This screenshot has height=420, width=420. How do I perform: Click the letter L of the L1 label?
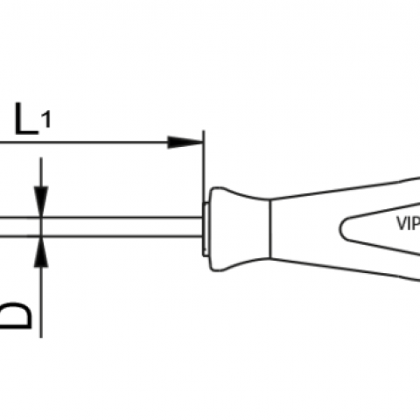coord(26,119)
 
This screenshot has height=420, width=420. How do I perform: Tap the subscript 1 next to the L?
coord(46,120)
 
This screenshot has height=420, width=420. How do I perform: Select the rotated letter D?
coord(15,316)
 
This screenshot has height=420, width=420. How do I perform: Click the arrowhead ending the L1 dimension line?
coord(185,143)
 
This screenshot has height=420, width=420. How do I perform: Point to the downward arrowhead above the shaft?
coord(41,201)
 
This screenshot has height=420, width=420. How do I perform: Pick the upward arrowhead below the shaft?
coord(41,251)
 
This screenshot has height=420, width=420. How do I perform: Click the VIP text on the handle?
coord(409,224)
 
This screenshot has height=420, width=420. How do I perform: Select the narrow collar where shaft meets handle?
coord(206,229)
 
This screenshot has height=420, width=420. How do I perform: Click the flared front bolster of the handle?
coord(240,229)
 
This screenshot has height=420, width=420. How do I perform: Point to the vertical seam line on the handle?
coord(270,228)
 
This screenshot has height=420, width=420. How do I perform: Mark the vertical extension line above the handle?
coord(204,166)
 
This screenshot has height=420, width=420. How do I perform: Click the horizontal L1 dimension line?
coord(101,143)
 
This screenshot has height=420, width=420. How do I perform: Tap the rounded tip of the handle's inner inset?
coord(340,228)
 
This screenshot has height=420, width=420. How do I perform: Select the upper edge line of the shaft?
coord(101,217)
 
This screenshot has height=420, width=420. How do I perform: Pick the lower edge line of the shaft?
coord(101,235)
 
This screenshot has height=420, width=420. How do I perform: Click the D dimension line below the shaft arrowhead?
coord(41,302)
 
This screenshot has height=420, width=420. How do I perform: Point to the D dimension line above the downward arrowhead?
coord(41,172)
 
